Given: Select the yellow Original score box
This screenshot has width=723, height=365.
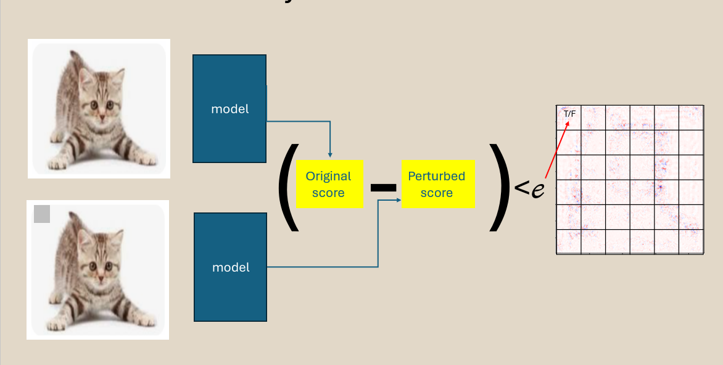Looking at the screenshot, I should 329,184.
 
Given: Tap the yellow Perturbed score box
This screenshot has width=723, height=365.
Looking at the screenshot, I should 437,184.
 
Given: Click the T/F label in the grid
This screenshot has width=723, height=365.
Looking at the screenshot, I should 569,114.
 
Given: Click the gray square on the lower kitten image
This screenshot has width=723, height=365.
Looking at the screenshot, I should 42,214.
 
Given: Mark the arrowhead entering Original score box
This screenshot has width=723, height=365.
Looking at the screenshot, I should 331,154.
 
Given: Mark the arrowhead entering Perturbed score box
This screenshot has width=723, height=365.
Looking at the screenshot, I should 397,201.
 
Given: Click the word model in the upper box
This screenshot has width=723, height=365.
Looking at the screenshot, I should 229,109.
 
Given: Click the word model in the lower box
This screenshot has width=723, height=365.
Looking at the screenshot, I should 231,267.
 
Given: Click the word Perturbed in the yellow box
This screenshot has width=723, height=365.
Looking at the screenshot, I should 437,176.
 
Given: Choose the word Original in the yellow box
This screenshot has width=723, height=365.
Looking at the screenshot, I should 329,176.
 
